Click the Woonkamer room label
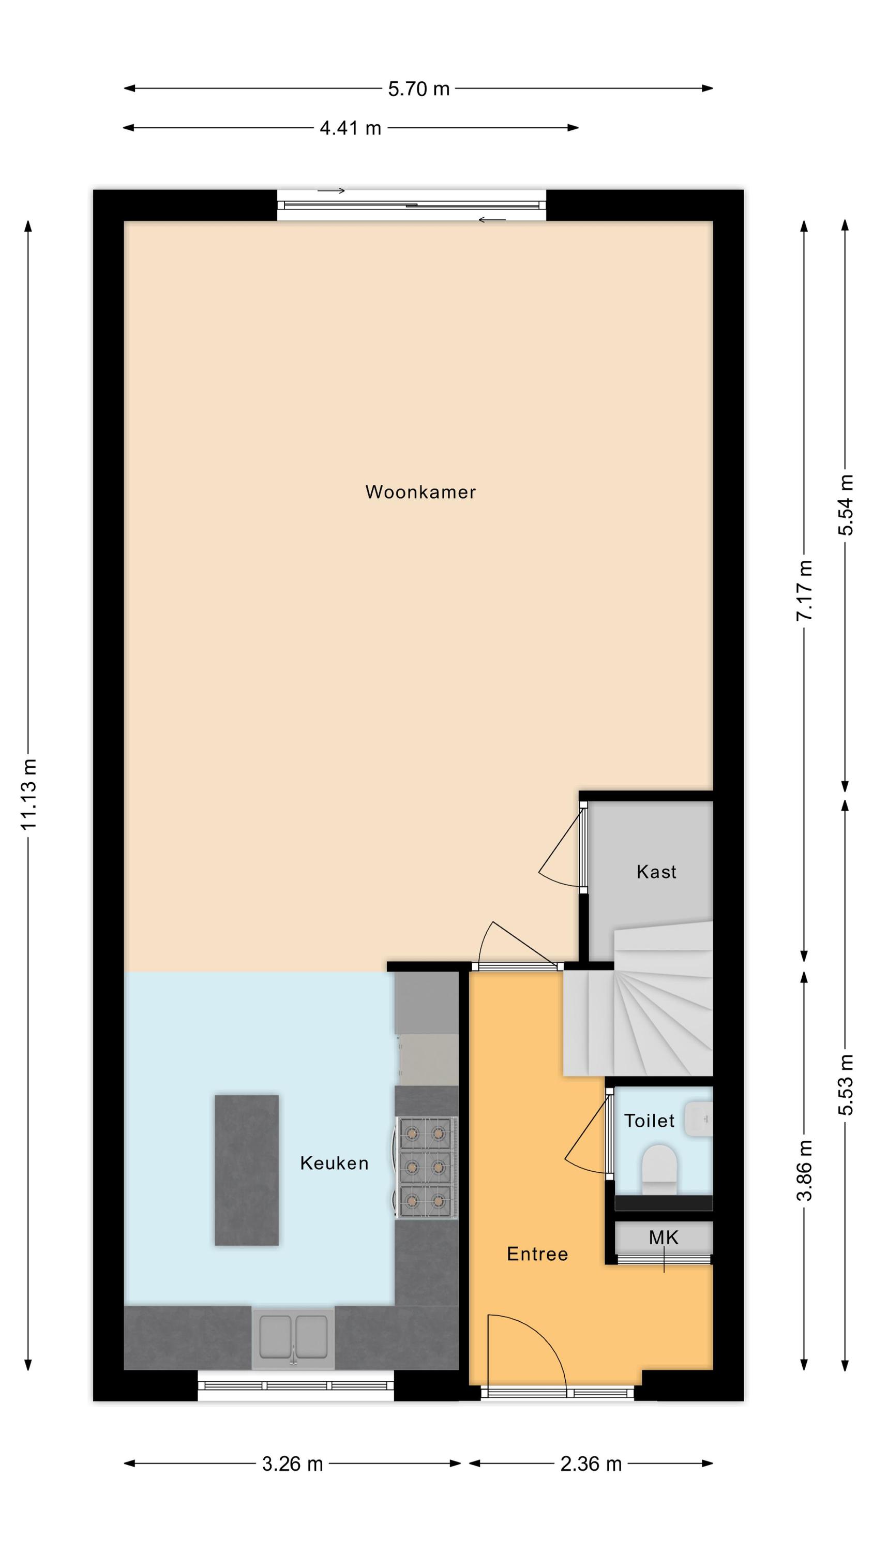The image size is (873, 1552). (x=420, y=491)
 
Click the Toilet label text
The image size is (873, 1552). (x=649, y=1121)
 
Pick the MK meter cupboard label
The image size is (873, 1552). (x=664, y=1237)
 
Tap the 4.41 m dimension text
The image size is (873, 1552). (x=350, y=128)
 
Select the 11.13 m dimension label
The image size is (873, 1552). (x=29, y=794)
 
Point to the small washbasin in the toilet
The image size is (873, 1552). (x=699, y=1119)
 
